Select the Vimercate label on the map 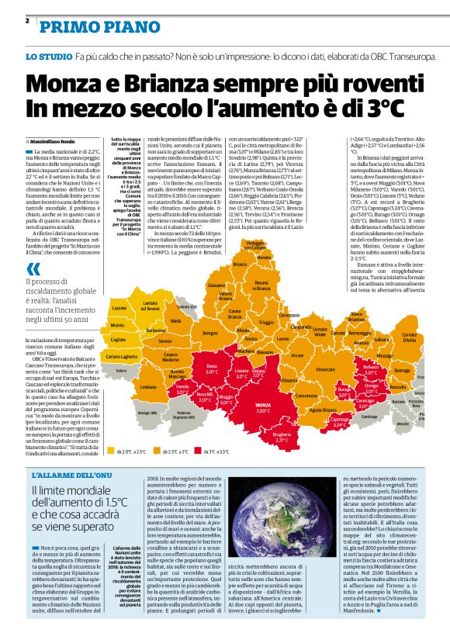pyautogui.click(x=325, y=348)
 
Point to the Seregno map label pyautogui.click(x=209, y=333)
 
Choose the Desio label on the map pyautogui.click(x=212, y=345)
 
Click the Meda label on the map pyautogui.click(x=175, y=320)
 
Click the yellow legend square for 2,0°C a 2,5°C pyautogui.click(x=111, y=451)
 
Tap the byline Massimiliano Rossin pyautogui.click(x=58, y=140)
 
